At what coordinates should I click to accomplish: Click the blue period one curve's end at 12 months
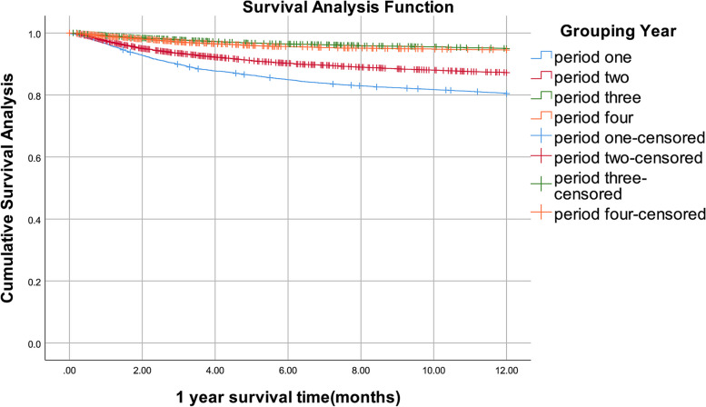pyautogui.click(x=506, y=94)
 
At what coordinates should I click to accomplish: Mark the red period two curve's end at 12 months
pyautogui.click(x=506, y=73)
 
